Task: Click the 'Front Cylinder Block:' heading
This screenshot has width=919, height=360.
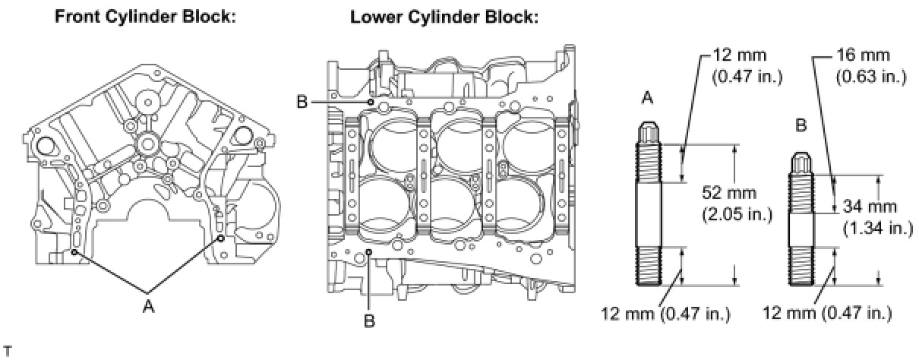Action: (x=146, y=17)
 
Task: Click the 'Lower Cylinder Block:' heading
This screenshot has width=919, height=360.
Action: (x=444, y=17)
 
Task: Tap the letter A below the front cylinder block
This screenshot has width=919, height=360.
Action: (x=149, y=306)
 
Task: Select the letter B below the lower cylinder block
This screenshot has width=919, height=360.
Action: (x=369, y=321)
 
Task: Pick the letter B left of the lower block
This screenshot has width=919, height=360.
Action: (x=302, y=102)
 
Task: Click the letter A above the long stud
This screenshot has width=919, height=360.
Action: (x=647, y=98)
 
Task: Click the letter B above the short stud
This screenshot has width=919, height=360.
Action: (x=801, y=125)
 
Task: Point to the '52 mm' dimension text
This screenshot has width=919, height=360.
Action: (x=729, y=192)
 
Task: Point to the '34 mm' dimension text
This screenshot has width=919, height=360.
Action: (x=870, y=206)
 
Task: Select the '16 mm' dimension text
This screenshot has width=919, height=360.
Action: (x=864, y=55)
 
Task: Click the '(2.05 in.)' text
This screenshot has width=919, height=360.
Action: (x=737, y=214)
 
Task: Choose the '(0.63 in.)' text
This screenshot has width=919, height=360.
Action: (x=871, y=77)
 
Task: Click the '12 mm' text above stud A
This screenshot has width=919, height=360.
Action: (x=739, y=55)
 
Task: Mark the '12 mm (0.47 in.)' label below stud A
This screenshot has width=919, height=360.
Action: (x=666, y=314)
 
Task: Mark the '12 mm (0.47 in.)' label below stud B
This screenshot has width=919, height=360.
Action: (x=827, y=313)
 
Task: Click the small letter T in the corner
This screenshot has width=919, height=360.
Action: (x=8, y=352)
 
